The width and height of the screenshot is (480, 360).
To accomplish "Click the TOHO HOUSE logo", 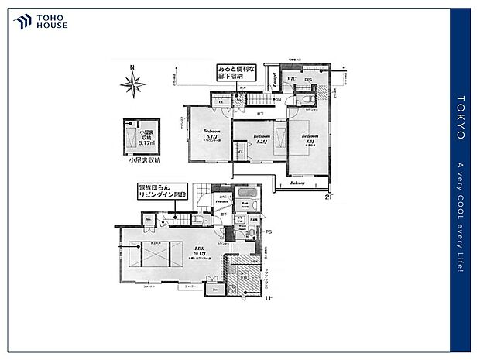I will pyautogui.click(x=41, y=22).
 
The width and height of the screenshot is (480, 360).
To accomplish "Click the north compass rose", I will pyautogui.click(x=133, y=84).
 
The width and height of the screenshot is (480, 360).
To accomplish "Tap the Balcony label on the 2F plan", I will pyautogui.click(x=297, y=183).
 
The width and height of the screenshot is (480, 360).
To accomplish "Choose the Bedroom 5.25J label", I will pyautogui.click(x=259, y=139).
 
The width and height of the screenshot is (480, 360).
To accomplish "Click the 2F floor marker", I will pyautogui.click(x=329, y=197).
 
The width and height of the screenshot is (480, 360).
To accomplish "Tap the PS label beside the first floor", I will pyautogui.click(x=269, y=231).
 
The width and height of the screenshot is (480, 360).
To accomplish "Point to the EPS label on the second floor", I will pyautogui.click(x=307, y=80).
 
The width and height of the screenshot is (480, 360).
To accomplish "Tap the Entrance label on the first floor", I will pyautogui.click(x=215, y=201).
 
